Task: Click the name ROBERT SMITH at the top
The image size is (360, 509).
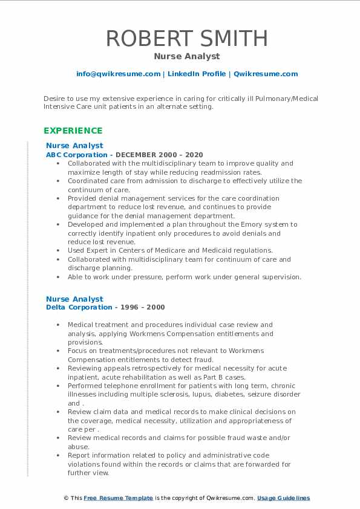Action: tap(187, 38)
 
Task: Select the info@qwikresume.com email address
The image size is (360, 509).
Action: tap(118, 74)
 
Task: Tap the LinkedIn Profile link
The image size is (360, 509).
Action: tap(197, 74)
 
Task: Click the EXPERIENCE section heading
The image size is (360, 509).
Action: tap(73, 131)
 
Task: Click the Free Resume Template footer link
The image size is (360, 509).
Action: tap(118, 498)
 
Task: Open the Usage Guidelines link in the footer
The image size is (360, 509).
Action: tap(283, 498)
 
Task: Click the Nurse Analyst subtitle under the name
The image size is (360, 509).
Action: tap(187, 56)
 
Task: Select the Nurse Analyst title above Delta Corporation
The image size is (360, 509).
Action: tap(74, 299)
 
